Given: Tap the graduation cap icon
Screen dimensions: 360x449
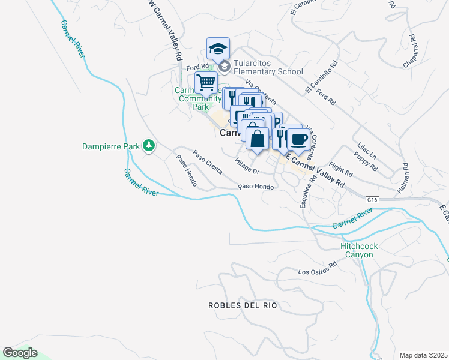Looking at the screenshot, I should coord(218,48).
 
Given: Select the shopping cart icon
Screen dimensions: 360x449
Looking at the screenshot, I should coord(206,82).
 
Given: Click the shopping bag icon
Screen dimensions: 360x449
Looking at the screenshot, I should coord(257,138).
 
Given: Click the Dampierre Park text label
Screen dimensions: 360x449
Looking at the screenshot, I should coord(111,146).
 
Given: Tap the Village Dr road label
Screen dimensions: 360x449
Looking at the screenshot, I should coord(247,167).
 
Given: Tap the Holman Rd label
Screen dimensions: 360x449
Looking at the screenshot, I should coord(402,178).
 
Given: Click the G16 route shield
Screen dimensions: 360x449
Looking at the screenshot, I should coord(373,199).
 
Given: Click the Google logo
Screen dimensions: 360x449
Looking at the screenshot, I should coord(20,353).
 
